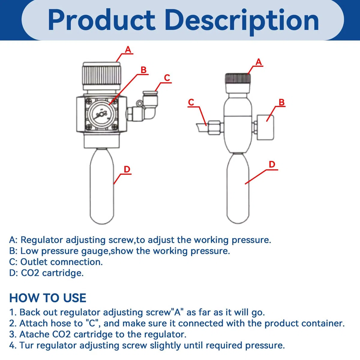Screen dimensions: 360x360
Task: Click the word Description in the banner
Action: click(x=242, y=22)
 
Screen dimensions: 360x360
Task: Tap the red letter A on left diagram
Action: click(x=128, y=49)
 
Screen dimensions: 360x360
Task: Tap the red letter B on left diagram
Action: click(x=143, y=70)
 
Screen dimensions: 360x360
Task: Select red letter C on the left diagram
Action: click(x=167, y=78)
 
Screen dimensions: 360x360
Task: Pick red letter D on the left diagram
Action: click(x=127, y=169)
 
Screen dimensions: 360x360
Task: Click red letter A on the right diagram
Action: click(x=259, y=62)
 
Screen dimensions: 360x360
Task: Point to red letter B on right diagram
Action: click(x=281, y=102)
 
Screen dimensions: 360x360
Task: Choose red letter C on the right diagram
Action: click(x=191, y=102)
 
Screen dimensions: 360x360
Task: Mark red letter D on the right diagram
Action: click(x=272, y=164)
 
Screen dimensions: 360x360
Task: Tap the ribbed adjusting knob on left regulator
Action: click(x=102, y=76)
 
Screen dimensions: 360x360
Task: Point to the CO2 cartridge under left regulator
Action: click(x=102, y=186)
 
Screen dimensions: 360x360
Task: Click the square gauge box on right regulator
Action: click(x=265, y=127)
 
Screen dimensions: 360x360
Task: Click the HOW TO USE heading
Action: click(x=48, y=298)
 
